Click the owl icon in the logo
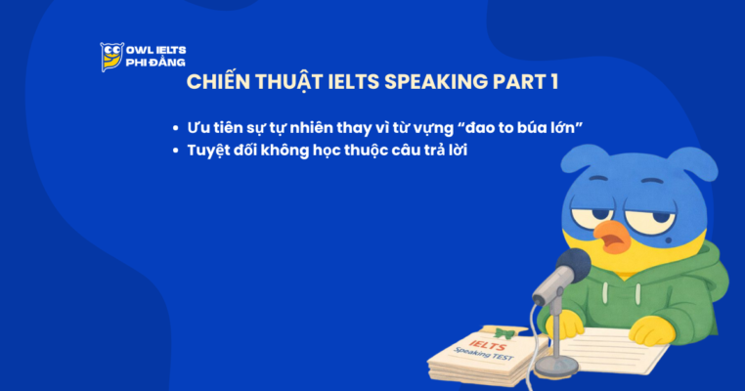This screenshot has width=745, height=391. point(111,56)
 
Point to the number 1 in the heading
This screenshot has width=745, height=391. point(553,82)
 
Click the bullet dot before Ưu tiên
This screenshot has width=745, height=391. point(175,129)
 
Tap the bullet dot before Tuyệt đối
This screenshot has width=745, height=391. point(175,151)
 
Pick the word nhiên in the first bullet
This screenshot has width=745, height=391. point(300,128)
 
